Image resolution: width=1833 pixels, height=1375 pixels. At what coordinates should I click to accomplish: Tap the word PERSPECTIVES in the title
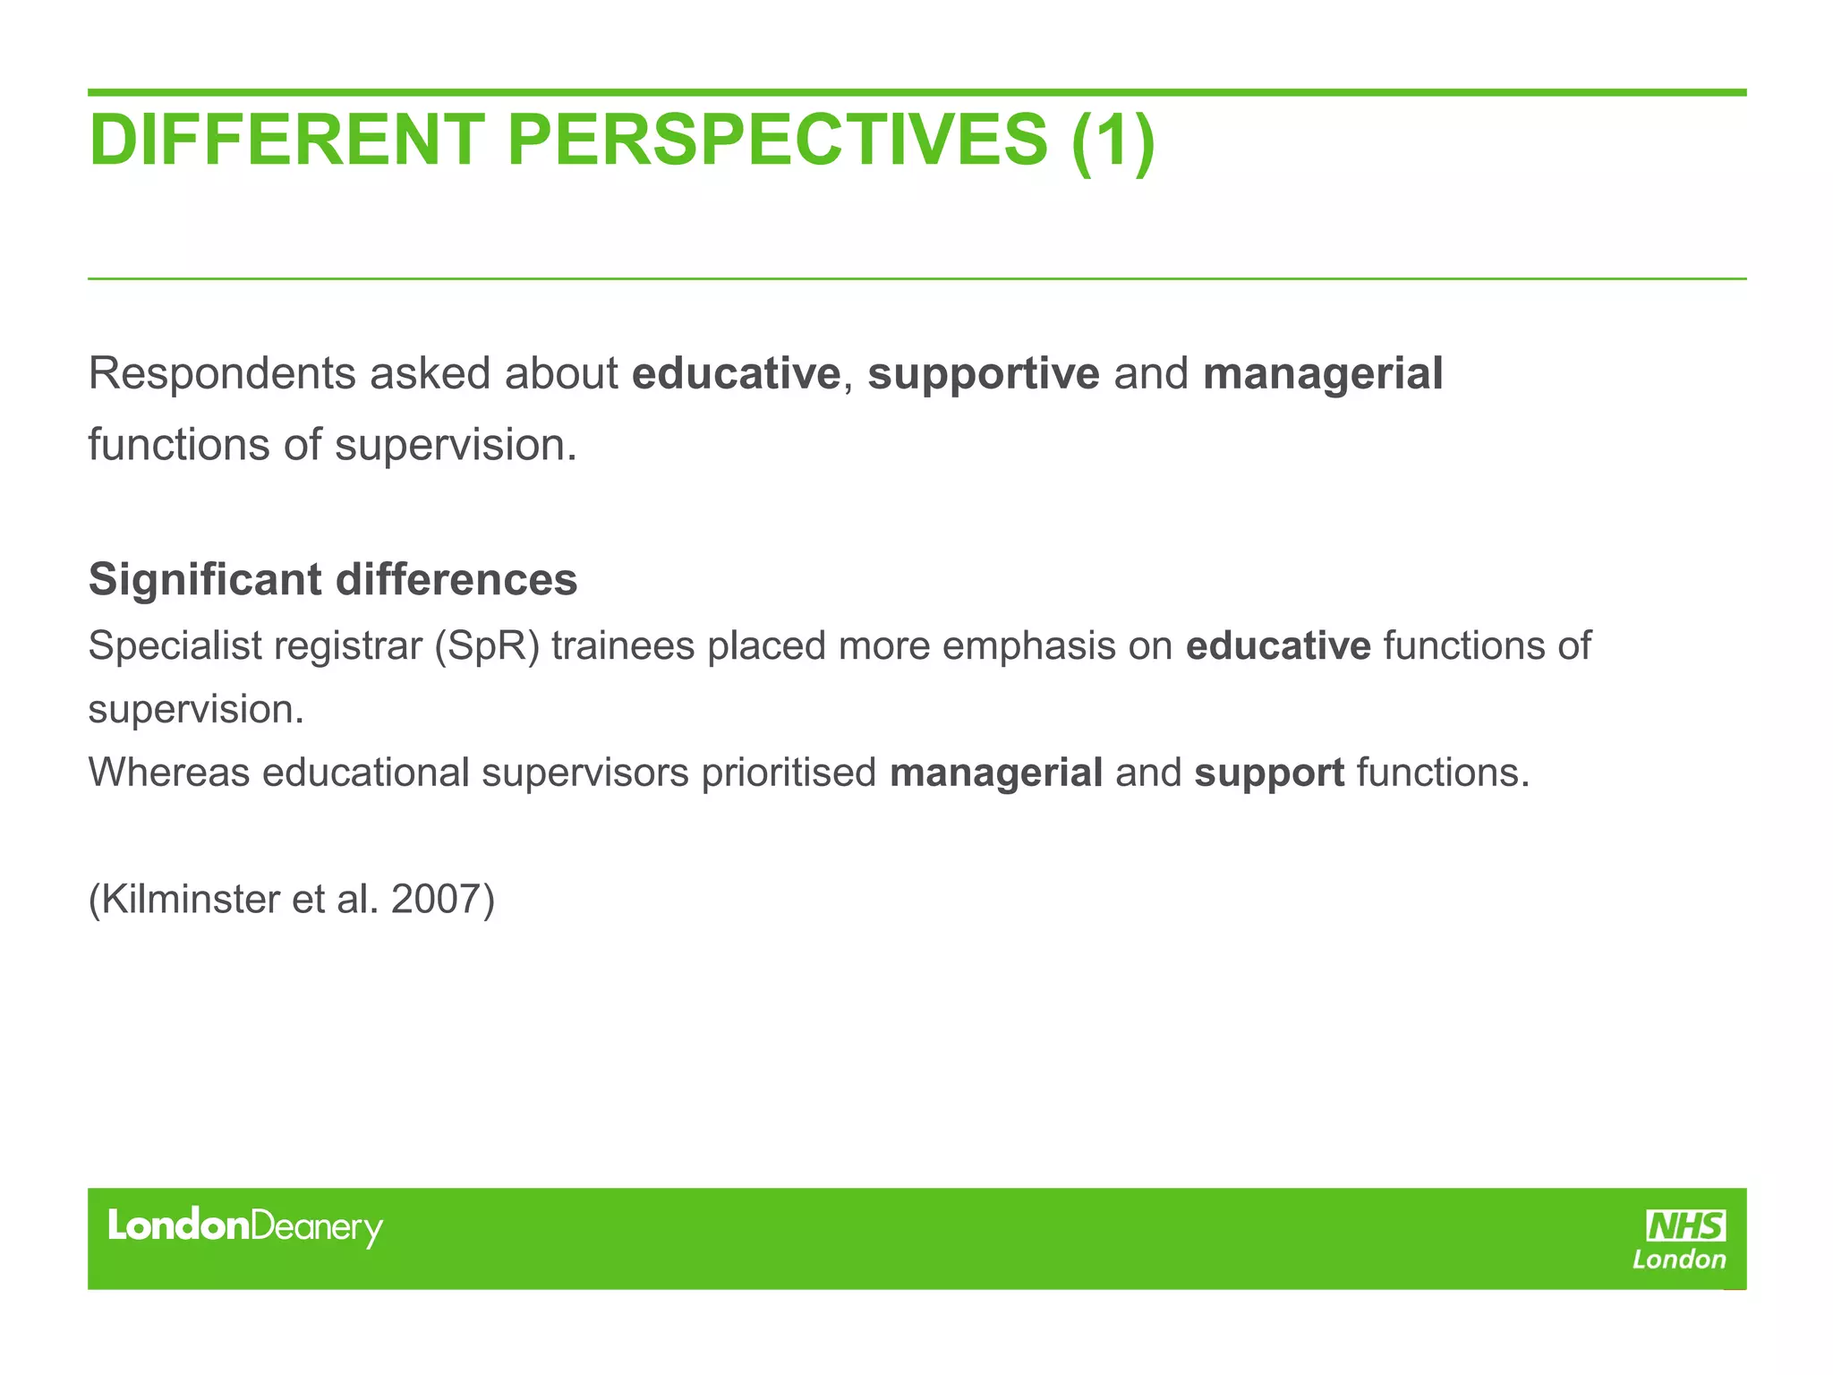777,141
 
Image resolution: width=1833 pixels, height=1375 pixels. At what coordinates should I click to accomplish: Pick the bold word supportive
983,374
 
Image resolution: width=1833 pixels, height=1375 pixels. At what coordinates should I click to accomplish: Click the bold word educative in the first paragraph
736,374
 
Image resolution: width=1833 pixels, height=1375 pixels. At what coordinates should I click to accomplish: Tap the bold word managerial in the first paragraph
1323,374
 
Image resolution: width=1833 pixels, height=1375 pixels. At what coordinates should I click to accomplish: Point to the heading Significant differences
333,579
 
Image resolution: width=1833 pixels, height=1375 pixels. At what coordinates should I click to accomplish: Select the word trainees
623,646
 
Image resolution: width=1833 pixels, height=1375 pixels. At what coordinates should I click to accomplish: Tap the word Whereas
168,773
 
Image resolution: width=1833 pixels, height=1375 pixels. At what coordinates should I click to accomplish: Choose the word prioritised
789,773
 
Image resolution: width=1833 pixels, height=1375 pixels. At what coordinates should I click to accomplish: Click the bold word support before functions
1269,773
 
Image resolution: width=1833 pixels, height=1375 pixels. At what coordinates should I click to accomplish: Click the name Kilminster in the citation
191,900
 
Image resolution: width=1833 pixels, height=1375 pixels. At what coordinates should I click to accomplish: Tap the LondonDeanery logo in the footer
244,1226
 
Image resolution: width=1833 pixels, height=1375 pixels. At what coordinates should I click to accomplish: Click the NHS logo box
1686,1226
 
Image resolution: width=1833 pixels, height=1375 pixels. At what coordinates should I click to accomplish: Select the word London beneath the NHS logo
1679,1260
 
